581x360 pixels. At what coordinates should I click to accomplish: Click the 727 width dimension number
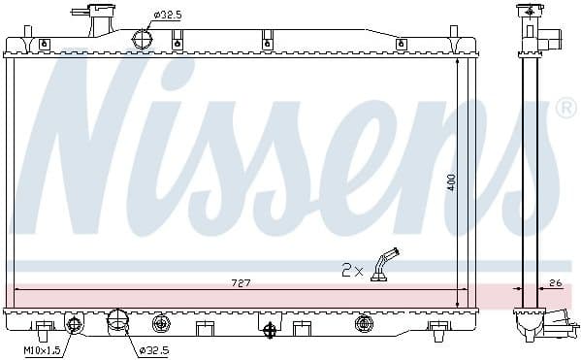pyautogui.click(x=241, y=282)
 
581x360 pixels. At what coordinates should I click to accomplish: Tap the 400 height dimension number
pyautogui.click(x=450, y=181)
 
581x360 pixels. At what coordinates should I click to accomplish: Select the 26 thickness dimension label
pyautogui.click(x=555, y=282)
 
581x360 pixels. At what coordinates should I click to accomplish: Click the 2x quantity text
pyautogui.click(x=351, y=270)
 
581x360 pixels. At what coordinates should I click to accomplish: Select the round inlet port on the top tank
pyautogui.click(x=143, y=39)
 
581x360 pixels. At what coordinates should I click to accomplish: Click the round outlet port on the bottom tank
pyautogui.click(x=117, y=320)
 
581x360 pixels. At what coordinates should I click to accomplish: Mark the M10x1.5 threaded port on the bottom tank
pyautogui.click(x=74, y=322)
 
